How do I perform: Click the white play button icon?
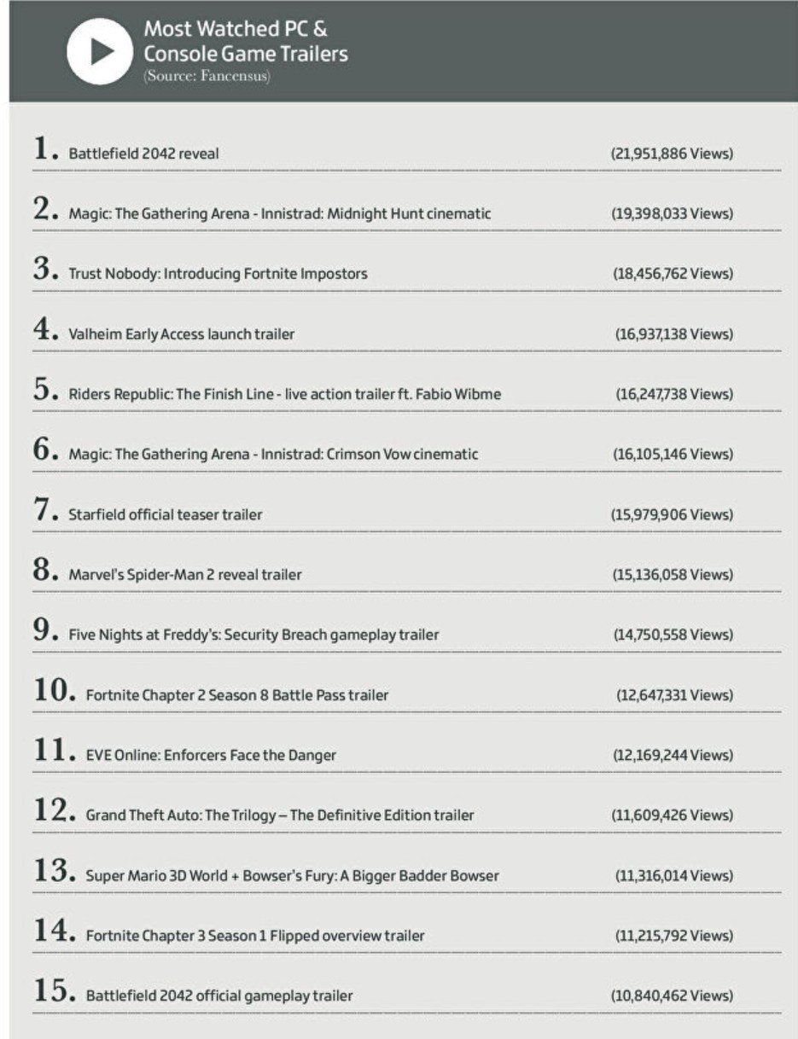pyautogui.click(x=100, y=51)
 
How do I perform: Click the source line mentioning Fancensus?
pyautogui.click(x=207, y=76)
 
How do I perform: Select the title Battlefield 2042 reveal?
pyautogui.click(x=143, y=154)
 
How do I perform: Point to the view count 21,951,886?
pyautogui.click(x=672, y=154)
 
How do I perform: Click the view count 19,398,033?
pyautogui.click(x=672, y=214)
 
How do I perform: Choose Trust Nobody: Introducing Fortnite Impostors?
pyautogui.click(x=218, y=274)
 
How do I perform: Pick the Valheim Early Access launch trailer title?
pyautogui.click(x=181, y=334)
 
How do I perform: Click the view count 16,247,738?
pyautogui.click(x=673, y=394)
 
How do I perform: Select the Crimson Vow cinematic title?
pyautogui.click(x=273, y=455)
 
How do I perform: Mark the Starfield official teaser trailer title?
pyautogui.click(x=166, y=514)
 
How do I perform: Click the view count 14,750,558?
pyautogui.click(x=673, y=635)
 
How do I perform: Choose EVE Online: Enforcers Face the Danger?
pyautogui.click(x=211, y=755)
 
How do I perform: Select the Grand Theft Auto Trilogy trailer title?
pyautogui.click(x=280, y=816)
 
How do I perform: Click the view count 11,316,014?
pyautogui.click(x=673, y=875)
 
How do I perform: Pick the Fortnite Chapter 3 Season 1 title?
pyautogui.click(x=255, y=936)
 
